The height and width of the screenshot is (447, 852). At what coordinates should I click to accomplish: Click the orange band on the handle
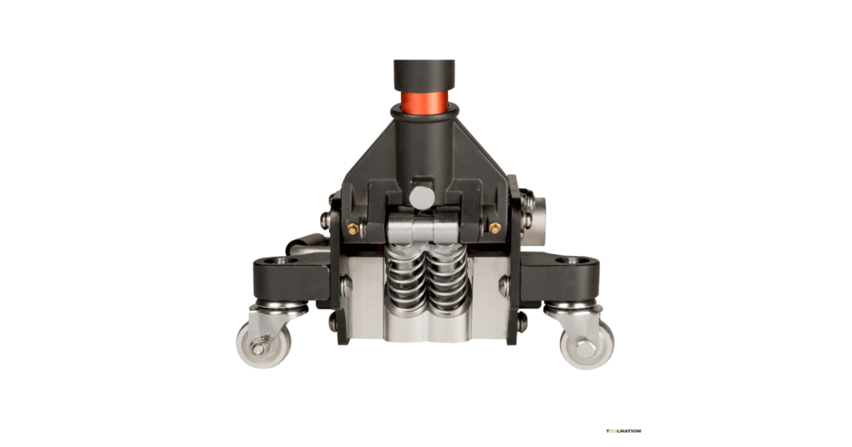[424, 102]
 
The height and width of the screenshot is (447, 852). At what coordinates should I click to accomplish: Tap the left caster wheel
[263, 345]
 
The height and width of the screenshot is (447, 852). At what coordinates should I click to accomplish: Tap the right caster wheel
[587, 345]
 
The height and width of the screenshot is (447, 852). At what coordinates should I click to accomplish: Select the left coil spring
[405, 280]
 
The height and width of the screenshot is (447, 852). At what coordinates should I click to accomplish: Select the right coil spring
[447, 280]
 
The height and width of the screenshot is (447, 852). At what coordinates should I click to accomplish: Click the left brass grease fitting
[353, 228]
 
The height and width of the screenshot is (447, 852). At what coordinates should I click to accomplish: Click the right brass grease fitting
[495, 228]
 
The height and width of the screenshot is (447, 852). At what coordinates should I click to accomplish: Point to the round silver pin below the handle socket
[422, 198]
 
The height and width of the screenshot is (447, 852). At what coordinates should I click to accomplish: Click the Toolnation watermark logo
[624, 431]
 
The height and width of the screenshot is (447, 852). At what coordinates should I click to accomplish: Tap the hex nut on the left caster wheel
[258, 348]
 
